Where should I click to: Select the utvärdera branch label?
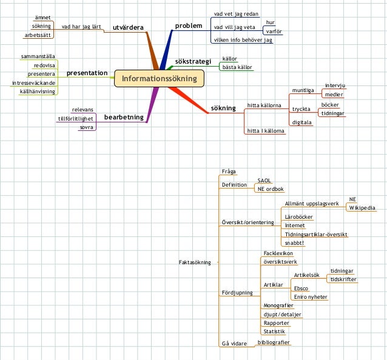pyautogui.click(x=128, y=27)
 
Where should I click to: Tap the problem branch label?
pyautogui.click(x=188, y=25)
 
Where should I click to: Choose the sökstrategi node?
pyautogui.click(x=192, y=62)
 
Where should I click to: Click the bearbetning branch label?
pyautogui.click(x=124, y=117)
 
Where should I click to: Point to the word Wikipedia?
pyautogui.click(x=362, y=208)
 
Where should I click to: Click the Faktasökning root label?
pyautogui.click(x=195, y=262)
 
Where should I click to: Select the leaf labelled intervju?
pyautogui.click(x=335, y=85)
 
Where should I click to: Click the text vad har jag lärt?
pyautogui.click(x=81, y=27)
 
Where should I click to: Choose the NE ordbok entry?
pyautogui.click(x=271, y=188)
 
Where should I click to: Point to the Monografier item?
pyautogui.click(x=278, y=305)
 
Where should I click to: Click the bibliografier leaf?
pyautogui.click(x=274, y=342)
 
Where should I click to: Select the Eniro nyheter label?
pyautogui.click(x=310, y=297)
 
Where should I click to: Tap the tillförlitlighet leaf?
pyautogui.click(x=75, y=119)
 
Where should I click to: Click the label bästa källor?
pyautogui.click(x=237, y=67)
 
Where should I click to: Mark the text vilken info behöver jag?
pyautogui.click(x=243, y=40)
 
